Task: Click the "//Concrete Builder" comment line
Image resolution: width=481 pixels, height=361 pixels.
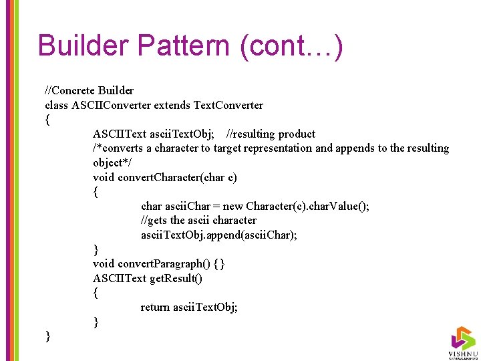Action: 89,90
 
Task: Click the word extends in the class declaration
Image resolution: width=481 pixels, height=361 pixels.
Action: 172,105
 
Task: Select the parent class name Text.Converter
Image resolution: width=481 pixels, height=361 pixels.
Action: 228,105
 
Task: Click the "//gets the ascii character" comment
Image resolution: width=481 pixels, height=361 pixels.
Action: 198,220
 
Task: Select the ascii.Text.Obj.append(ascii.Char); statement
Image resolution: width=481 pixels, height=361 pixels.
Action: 219,235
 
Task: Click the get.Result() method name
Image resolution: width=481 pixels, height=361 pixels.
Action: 176,278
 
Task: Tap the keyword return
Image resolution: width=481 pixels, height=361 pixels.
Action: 155,307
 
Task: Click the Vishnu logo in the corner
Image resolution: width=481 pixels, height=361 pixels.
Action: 462,342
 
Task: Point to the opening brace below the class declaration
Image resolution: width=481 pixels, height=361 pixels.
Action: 47,120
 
